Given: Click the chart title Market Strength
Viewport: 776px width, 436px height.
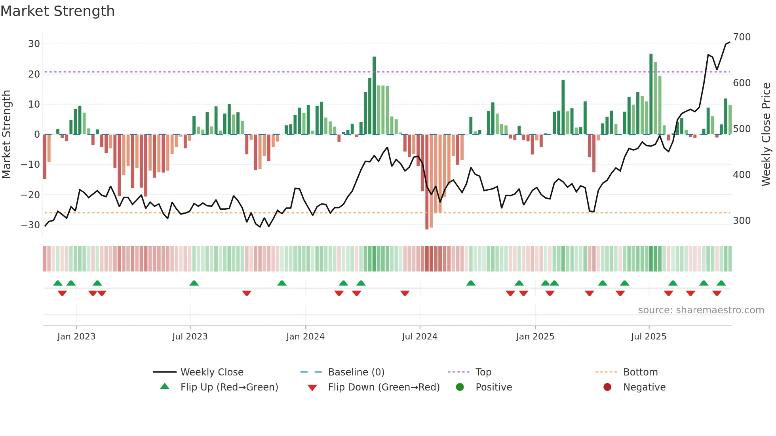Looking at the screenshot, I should click(57, 11).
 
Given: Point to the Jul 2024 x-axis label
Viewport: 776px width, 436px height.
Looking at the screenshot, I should click(420, 337).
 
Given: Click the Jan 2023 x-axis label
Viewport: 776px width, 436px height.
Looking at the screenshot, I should click(76, 337).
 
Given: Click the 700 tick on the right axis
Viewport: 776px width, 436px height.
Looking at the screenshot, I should click(742, 37).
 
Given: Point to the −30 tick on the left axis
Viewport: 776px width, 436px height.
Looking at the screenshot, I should click(30, 225).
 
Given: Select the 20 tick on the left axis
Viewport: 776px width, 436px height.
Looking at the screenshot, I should click(34, 74).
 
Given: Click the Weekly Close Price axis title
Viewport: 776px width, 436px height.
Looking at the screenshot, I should click(766, 135).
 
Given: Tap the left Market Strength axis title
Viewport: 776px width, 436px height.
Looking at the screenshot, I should click(6, 135).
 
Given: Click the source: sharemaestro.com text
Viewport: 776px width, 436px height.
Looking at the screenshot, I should click(701, 310).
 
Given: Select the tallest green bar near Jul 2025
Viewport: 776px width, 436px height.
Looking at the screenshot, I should click(651, 94).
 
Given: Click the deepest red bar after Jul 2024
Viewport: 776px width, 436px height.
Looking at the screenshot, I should click(427, 182).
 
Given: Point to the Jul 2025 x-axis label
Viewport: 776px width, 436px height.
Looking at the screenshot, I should click(649, 337).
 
